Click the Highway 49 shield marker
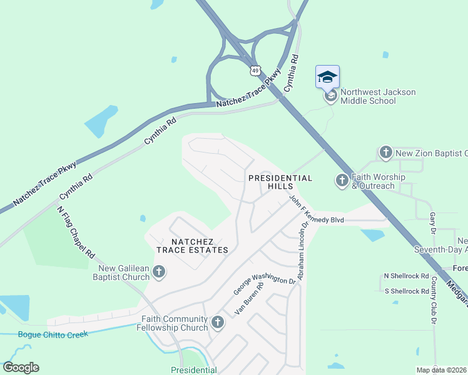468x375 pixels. tap(255, 70)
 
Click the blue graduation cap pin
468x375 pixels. tap(328, 77)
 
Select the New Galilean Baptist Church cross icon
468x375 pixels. tap(160, 271)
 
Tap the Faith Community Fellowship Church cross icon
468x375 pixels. tap(218, 322)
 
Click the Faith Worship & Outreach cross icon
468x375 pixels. tap(342, 181)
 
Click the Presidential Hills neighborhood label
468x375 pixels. tap(280, 182)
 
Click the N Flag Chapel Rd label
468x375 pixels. tap(76, 232)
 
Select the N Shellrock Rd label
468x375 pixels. tap(407, 276)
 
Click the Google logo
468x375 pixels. tap(21, 367)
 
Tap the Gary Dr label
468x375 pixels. tap(432, 219)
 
